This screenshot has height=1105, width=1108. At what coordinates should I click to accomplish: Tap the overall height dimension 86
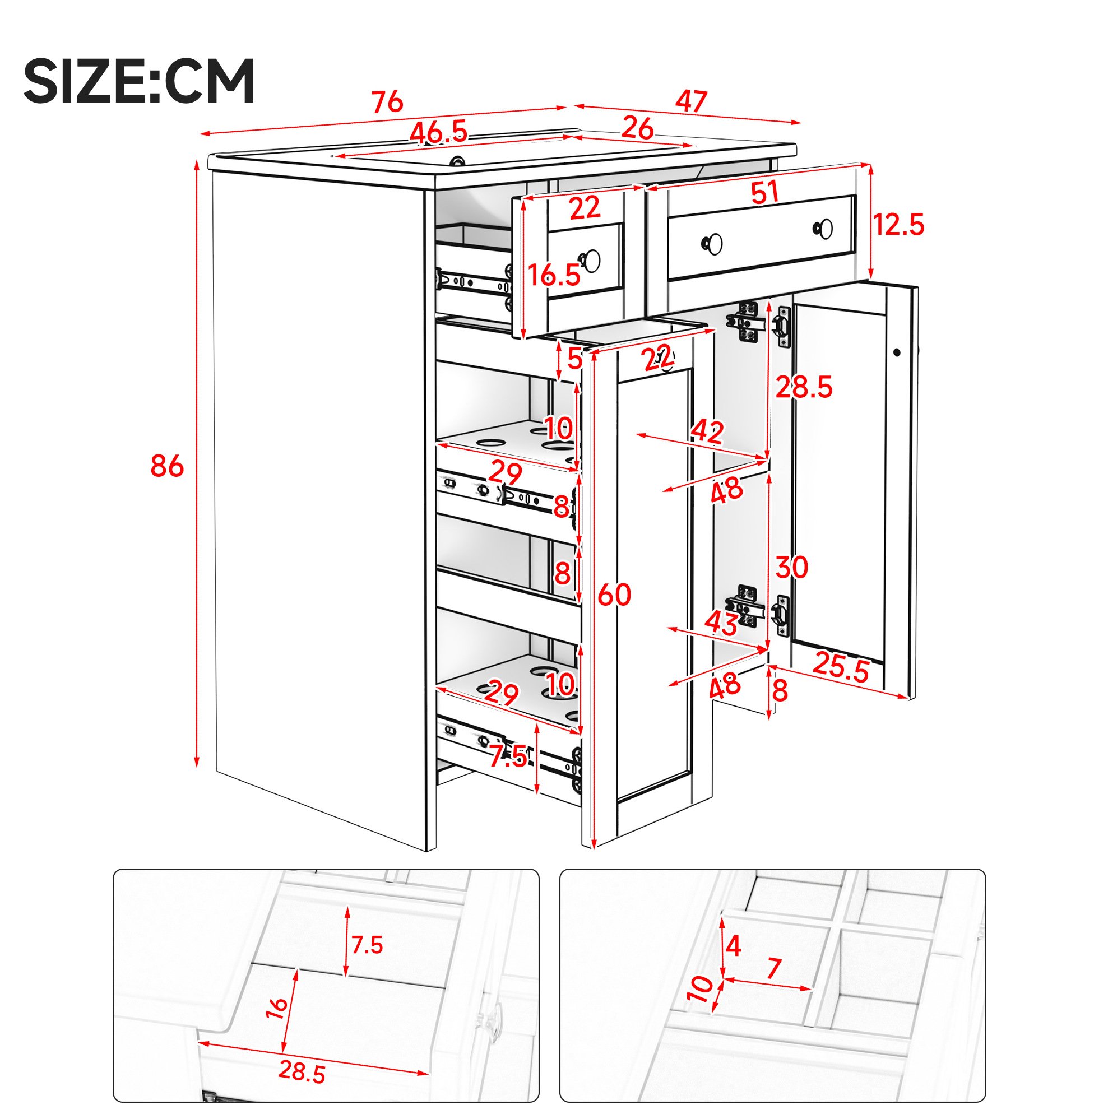click(167, 466)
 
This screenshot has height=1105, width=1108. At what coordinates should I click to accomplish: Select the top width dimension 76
click(388, 102)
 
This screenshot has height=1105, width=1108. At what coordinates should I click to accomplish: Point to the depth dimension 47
click(691, 101)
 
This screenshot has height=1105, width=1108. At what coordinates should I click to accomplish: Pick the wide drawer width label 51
click(764, 192)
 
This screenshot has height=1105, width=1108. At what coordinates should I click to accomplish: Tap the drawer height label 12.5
click(898, 224)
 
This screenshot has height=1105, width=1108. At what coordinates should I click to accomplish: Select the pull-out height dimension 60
click(614, 595)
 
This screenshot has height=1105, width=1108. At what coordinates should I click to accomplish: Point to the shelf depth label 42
click(708, 431)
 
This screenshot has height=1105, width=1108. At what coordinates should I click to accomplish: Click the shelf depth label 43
click(721, 622)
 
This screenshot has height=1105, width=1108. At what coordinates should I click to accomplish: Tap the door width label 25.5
click(841, 667)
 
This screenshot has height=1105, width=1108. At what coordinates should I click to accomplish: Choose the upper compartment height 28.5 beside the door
click(804, 387)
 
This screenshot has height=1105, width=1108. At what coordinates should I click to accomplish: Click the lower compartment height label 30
click(792, 567)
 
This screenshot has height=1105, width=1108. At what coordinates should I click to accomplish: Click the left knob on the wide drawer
click(713, 244)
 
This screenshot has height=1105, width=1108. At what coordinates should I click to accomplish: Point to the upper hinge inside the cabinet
click(747, 322)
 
